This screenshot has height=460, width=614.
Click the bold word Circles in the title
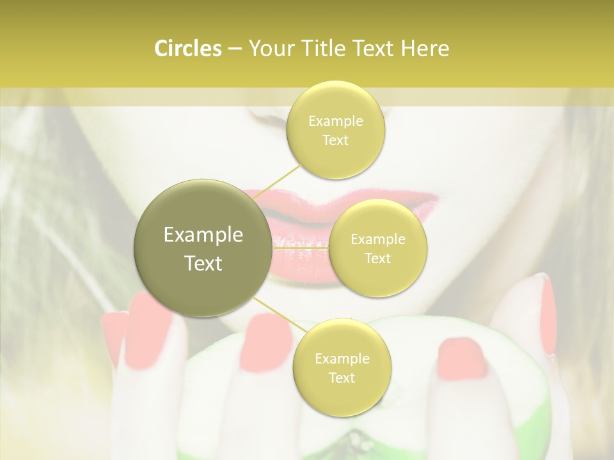[x=188, y=49]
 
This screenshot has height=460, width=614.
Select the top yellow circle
[x=335, y=130]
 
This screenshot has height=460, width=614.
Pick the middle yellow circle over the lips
[x=377, y=249]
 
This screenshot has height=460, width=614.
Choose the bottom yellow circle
[x=342, y=368]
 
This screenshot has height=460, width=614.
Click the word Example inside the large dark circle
[x=203, y=235]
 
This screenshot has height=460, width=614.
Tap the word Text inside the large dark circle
[x=203, y=263]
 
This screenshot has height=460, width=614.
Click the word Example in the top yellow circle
[x=335, y=121]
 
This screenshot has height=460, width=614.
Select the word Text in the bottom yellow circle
[x=342, y=378]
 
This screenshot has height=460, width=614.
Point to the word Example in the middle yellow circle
[x=377, y=240]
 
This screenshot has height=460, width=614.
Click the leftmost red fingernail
[x=114, y=335]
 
